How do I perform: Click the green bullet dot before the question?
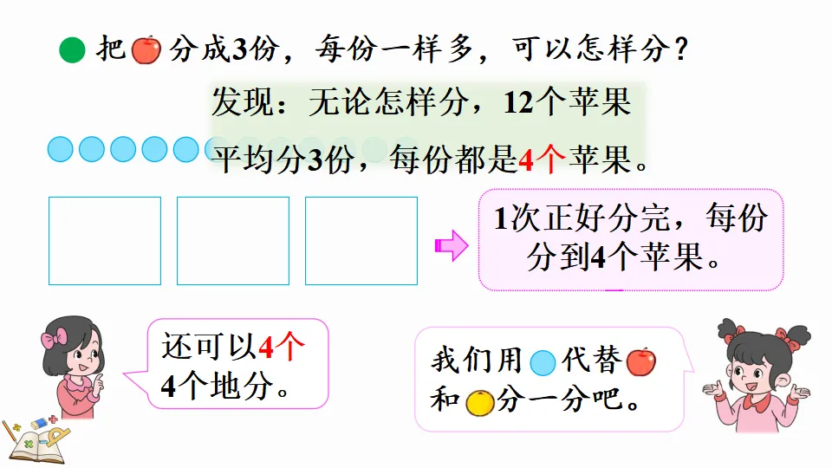(72, 50)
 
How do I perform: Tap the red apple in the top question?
(146, 49)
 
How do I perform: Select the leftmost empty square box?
(105, 240)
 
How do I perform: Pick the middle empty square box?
(233, 240)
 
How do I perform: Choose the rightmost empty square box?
(361, 240)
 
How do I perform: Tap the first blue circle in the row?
(60, 150)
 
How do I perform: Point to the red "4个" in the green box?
(542, 159)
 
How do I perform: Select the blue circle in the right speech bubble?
(543, 361)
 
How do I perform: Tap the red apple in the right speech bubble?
(640, 361)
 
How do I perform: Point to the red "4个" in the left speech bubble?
(282, 348)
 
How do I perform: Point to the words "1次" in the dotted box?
(516, 218)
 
